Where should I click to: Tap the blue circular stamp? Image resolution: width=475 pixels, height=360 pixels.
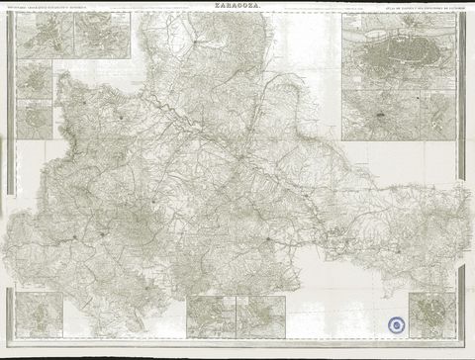click(x=396, y=323)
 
